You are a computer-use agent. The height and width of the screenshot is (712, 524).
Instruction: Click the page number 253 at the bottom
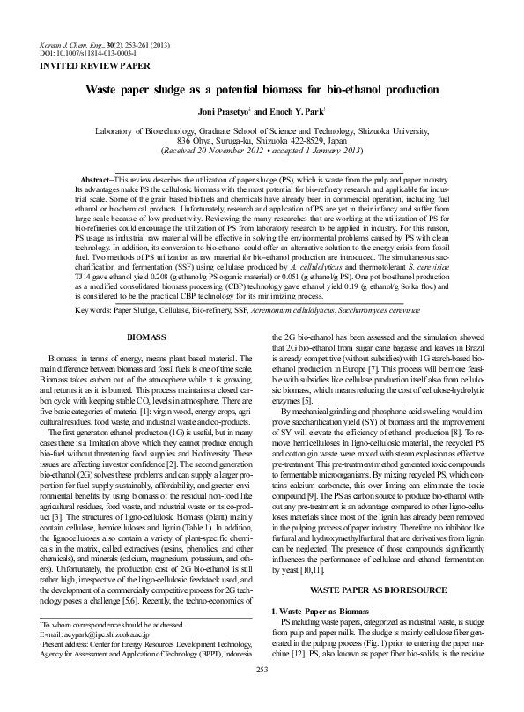262,694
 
